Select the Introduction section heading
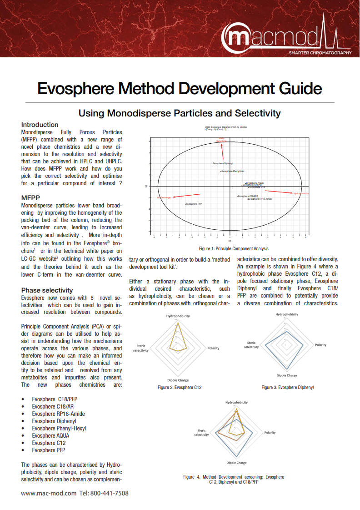(40, 125)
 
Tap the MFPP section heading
(31, 198)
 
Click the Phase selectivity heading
(47, 290)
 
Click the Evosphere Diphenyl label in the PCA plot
(223, 163)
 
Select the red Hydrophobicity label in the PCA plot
(300, 193)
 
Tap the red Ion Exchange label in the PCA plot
(164, 197)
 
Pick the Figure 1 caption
(234, 249)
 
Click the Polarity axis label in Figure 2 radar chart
(213, 348)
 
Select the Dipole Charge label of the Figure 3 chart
(287, 375)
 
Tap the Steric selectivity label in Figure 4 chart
(201, 432)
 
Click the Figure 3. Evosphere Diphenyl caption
(287, 388)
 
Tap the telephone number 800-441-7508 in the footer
(110, 493)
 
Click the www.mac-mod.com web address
(49, 493)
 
